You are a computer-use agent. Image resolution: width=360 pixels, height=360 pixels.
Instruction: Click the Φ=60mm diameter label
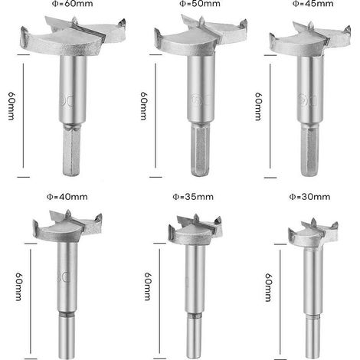[x=73, y=4]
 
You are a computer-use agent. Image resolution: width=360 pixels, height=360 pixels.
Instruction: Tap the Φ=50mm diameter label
[x=200, y=4]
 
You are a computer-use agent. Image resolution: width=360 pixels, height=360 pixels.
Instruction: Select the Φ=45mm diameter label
[x=313, y=4]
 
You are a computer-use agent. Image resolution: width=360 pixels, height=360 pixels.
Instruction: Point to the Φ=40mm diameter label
[x=67, y=197]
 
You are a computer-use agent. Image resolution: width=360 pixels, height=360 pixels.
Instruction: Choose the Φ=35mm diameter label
[x=193, y=197]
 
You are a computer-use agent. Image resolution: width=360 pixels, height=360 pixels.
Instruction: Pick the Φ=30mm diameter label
[x=309, y=197]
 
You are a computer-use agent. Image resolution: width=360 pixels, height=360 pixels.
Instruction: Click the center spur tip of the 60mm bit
[x=74, y=17]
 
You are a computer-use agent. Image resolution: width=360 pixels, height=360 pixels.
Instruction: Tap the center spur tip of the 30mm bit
[x=313, y=219]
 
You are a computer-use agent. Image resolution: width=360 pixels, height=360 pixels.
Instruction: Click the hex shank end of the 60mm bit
[x=71, y=175]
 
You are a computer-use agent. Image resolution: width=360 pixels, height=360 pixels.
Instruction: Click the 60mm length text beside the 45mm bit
[x=258, y=106]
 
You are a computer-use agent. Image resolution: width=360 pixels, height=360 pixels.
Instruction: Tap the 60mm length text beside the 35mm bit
[x=148, y=286]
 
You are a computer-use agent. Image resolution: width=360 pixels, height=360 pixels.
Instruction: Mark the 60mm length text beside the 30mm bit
[x=268, y=287]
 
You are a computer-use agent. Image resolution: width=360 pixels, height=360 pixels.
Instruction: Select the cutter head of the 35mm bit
[x=195, y=229]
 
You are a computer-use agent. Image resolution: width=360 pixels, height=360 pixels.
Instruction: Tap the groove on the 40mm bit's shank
[x=67, y=314]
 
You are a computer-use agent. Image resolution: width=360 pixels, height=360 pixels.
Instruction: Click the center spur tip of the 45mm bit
[x=310, y=23]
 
